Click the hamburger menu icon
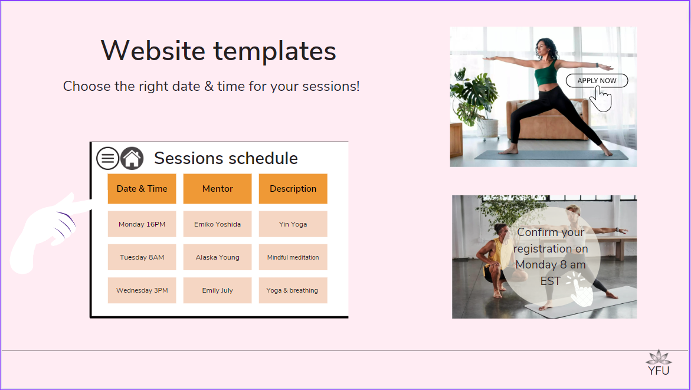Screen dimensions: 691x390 click(107, 158)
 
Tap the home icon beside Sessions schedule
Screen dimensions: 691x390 click(132, 158)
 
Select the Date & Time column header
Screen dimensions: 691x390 click(142, 189)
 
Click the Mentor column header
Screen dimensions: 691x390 click(218, 189)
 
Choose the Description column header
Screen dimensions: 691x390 click(293, 189)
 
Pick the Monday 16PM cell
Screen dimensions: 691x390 click(142, 224)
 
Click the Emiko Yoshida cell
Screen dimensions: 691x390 click(218, 224)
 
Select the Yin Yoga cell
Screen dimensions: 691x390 click(293, 224)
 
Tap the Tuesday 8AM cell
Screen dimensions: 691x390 click(142, 257)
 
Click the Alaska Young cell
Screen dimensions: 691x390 click(218, 257)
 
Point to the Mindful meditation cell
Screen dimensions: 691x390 click(293, 257)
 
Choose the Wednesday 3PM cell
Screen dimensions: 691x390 click(142, 290)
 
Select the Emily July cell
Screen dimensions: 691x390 click(218, 290)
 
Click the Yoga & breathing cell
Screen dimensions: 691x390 click(293, 290)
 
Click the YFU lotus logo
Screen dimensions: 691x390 click(659, 363)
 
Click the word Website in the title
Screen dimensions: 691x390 click(153, 50)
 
